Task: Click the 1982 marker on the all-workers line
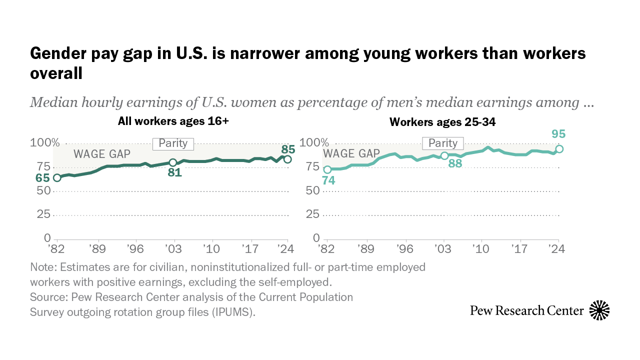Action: point(57,178)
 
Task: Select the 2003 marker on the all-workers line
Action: point(173,162)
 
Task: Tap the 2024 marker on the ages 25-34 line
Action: point(559,149)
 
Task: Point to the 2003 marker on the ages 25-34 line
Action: point(444,155)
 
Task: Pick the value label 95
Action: point(558,134)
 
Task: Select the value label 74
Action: point(328,180)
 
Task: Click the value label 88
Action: point(454,163)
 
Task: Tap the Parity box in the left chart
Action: point(173,143)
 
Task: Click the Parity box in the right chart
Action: point(443,143)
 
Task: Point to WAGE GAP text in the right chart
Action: point(351,153)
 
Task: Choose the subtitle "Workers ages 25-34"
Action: point(442,122)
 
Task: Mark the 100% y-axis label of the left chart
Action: point(45,143)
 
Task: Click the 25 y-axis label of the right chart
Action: point(312,214)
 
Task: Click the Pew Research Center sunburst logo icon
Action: point(599,310)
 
